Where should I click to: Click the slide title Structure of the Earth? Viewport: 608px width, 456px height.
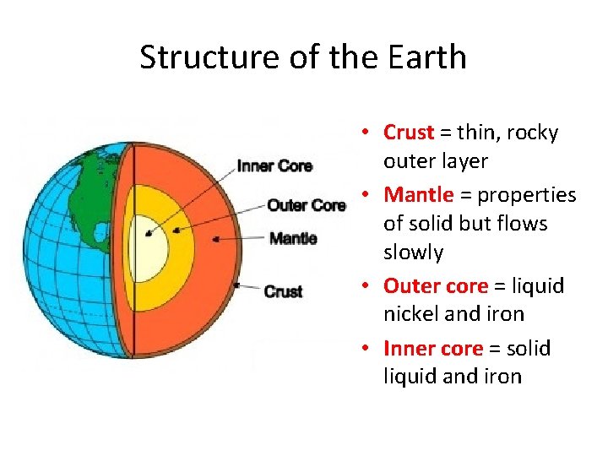303,57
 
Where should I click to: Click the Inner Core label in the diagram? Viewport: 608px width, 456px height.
274,166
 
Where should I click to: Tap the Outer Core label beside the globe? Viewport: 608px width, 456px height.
306,205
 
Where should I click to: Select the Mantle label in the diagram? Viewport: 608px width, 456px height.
293,238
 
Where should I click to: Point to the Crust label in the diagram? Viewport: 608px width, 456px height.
283,291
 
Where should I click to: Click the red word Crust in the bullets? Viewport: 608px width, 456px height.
409,133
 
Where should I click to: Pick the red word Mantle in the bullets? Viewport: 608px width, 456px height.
419,195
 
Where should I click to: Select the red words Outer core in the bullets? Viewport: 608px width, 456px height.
436,285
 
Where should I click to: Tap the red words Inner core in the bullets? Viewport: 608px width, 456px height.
432,348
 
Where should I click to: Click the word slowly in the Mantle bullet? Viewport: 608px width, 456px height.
413,252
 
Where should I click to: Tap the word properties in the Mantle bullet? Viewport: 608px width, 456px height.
527,195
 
